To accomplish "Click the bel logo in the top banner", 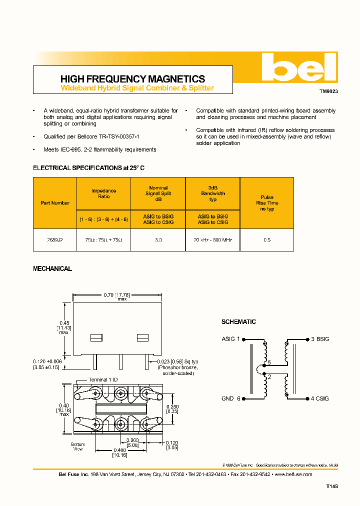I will tap(299, 67).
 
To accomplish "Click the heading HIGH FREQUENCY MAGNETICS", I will tap(132, 79).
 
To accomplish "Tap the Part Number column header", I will tap(54, 203).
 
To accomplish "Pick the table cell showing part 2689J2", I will tap(54, 240).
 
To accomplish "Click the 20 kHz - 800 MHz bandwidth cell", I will tap(212, 240).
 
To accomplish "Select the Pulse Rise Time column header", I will tap(267, 203).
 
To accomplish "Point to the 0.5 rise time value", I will tap(267, 240).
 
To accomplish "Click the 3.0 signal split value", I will tap(158, 240).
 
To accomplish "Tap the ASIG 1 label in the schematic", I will tap(231, 339).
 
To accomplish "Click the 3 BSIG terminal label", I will tap(319, 339).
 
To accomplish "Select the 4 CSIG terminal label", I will tap(319, 398).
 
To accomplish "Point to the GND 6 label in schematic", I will tap(231, 398).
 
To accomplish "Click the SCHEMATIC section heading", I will tap(238, 322).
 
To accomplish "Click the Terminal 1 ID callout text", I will tap(104, 379).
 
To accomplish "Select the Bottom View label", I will tap(77, 446).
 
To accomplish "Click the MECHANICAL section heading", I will tap(52, 268).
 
